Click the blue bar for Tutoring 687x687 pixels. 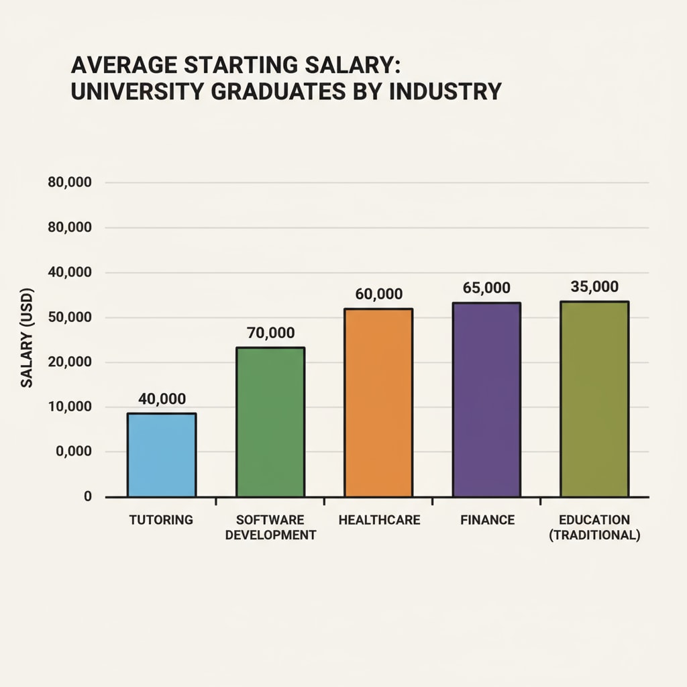[162, 455]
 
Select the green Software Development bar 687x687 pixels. [270, 422]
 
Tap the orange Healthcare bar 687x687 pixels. [378, 403]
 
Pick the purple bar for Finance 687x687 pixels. [486, 400]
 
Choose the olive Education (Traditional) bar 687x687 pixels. [594, 399]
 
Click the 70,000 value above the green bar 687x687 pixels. [270, 333]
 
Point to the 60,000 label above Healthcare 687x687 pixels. [378, 294]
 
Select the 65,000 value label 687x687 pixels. [486, 288]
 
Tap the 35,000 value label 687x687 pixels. [594, 286]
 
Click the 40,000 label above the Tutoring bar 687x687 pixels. [162, 399]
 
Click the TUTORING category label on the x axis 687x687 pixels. [162, 520]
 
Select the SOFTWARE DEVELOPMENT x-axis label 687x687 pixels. [270, 528]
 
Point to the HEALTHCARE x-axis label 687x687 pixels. [379, 520]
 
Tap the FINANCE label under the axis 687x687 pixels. [488, 520]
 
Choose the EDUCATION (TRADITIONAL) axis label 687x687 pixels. [594, 528]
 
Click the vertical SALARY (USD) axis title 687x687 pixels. [27, 338]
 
